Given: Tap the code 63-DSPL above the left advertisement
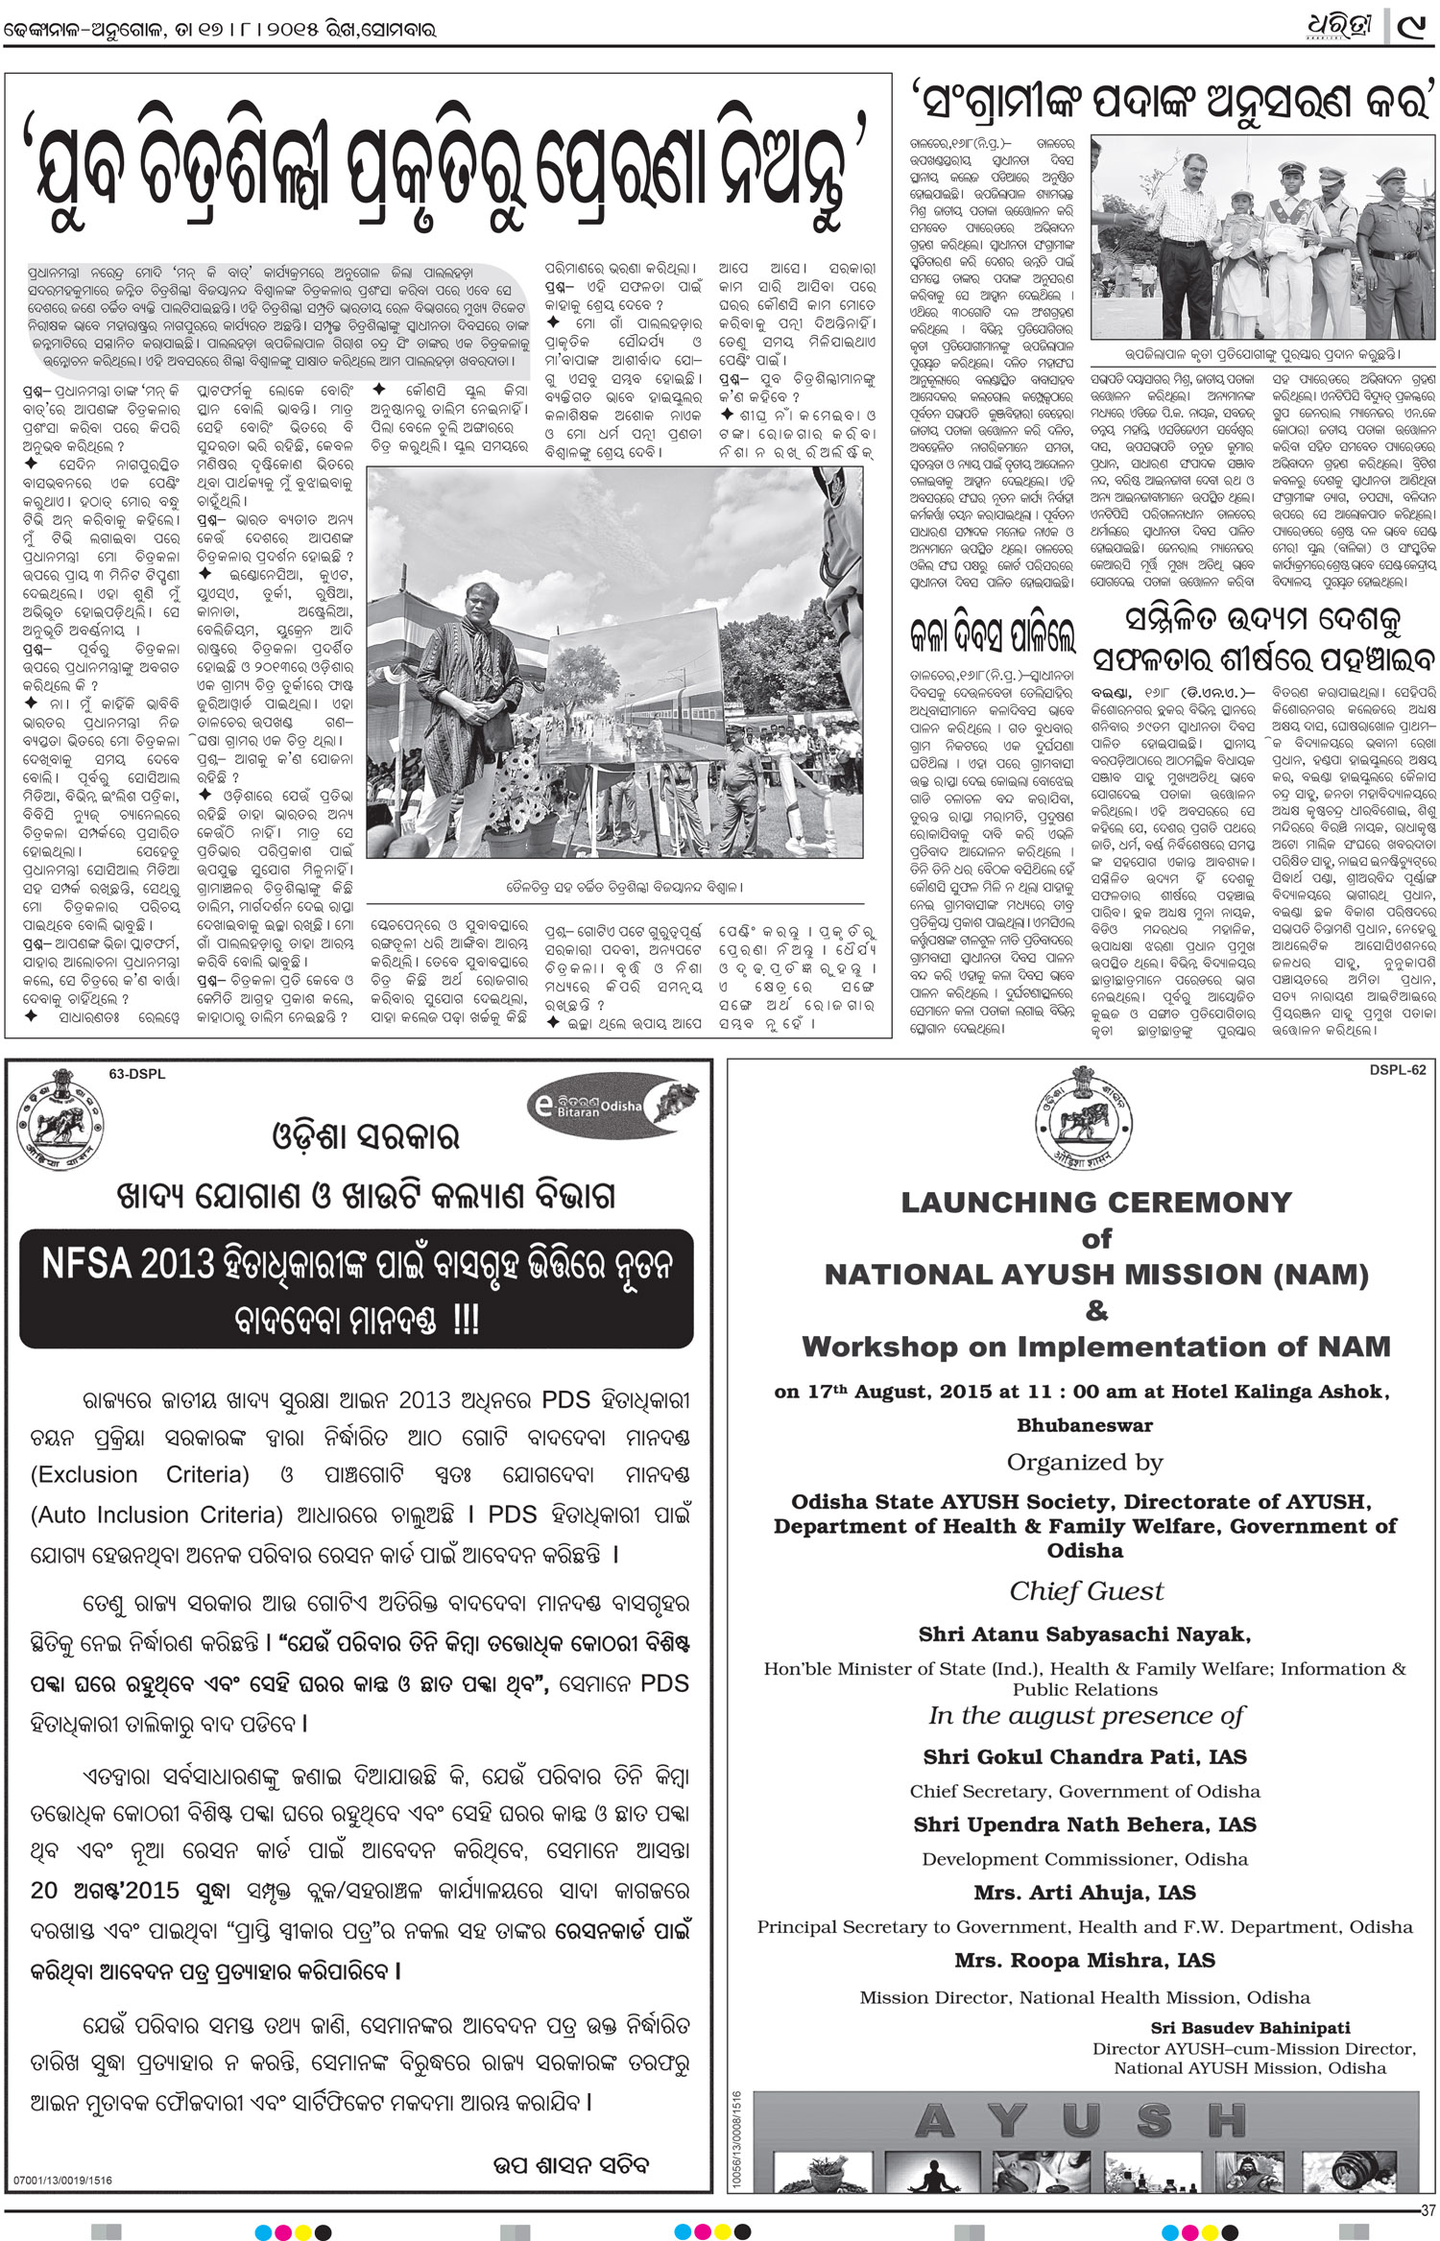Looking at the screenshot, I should point(136,1074).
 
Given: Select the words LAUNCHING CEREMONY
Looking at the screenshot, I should point(1096,1203).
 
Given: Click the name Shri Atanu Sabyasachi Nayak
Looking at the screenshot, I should point(1084,1634).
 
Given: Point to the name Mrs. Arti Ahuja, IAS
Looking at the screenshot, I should point(1084,1893).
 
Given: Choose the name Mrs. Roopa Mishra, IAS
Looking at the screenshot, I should point(1084,1960).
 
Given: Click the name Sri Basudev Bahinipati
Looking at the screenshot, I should point(1250,2028).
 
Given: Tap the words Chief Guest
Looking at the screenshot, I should point(1086,1591).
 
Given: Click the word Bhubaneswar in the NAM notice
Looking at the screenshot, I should point(1085,1425).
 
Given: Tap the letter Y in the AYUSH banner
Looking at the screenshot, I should point(1007,2121).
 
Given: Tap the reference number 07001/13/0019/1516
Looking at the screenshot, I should point(62,2181).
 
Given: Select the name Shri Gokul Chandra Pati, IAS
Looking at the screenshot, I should point(1084,1757).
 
